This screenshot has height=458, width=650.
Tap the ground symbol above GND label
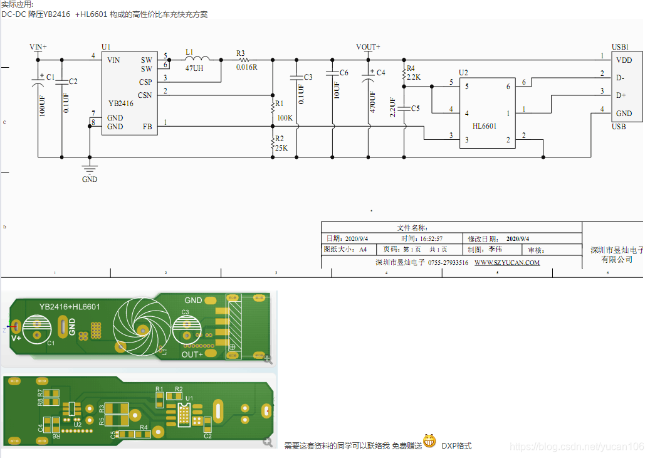point(90,168)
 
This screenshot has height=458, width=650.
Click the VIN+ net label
point(38,47)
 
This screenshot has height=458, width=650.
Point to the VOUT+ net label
point(368,47)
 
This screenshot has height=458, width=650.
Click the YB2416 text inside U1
point(120,103)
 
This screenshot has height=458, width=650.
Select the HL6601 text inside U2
point(484,126)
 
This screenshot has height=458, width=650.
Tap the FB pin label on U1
point(147,127)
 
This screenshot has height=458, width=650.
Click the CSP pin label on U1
point(145,82)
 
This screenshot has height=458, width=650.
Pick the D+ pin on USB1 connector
point(621,95)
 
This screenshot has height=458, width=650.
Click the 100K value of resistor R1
point(285,117)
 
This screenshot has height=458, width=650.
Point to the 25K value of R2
point(281,148)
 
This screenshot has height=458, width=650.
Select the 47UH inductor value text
point(194,68)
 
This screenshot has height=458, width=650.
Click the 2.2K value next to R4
point(414,77)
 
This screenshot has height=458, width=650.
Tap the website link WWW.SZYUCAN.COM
point(506,262)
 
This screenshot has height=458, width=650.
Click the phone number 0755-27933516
point(448,262)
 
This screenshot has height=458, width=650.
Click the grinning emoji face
point(429,441)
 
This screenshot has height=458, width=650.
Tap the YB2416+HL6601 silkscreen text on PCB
point(69,306)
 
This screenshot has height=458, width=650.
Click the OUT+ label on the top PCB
point(192,354)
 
